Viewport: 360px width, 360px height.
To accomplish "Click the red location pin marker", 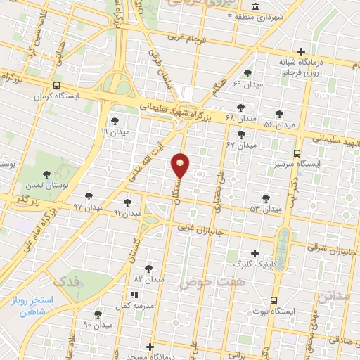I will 181,165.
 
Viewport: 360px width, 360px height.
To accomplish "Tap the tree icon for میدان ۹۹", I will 115,122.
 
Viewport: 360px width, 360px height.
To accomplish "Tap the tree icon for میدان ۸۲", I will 148,268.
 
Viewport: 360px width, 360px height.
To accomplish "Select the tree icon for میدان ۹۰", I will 97,314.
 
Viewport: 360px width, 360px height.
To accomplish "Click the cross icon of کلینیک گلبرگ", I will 255,253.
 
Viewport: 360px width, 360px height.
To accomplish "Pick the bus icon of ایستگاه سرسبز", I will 297,153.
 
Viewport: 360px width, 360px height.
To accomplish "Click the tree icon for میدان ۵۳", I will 265,198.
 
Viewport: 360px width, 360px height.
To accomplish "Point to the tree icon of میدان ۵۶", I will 279,114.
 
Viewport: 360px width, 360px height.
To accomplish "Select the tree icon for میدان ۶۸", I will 240,108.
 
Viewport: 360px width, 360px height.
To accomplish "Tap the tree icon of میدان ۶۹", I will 247,73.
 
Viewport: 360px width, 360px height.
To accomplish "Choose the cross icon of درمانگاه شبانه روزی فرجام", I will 301,51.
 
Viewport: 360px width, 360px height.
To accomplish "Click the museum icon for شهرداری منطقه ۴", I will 254,6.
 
